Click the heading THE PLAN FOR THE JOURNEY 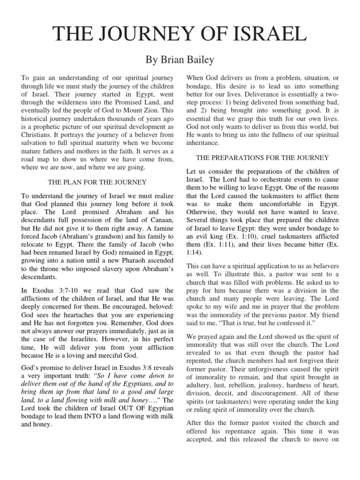pyautogui.click(x=97, y=182)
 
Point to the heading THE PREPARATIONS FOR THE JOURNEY pyautogui.click(x=262, y=158)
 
